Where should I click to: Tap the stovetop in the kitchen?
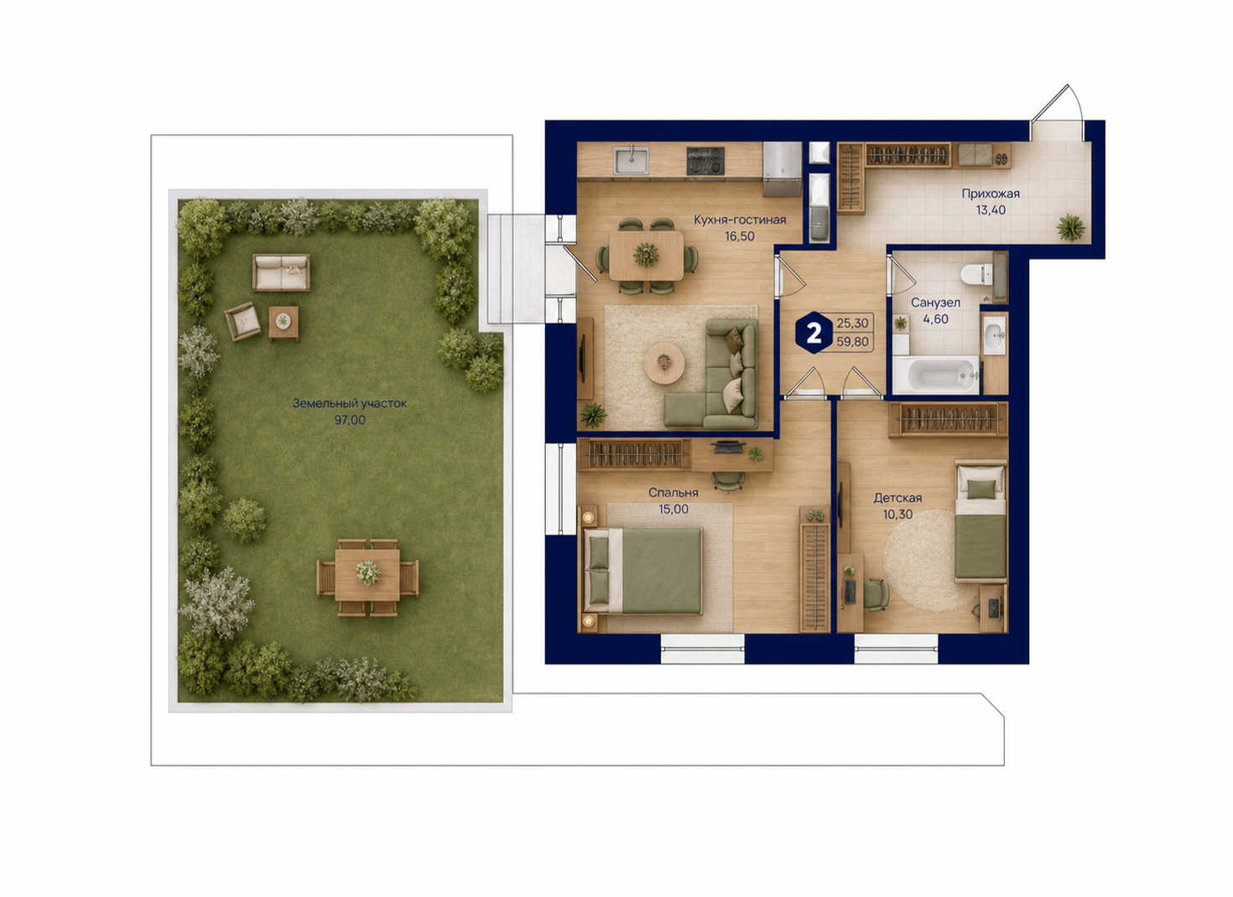[705, 161]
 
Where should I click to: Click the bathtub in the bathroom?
[936, 376]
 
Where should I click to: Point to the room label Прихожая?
[991, 194]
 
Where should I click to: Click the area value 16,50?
[739, 236]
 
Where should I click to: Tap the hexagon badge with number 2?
[814, 332]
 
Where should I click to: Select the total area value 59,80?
[853, 342]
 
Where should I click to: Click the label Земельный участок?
[350, 403]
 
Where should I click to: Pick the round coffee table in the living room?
[664, 363]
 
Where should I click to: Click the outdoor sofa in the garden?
[281, 272]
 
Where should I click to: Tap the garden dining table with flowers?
[367, 575]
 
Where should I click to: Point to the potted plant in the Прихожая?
[1070, 227]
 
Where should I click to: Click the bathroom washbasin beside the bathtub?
[994, 334]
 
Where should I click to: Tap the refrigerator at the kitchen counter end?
[783, 169]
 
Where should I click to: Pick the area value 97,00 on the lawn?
[350, 421]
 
